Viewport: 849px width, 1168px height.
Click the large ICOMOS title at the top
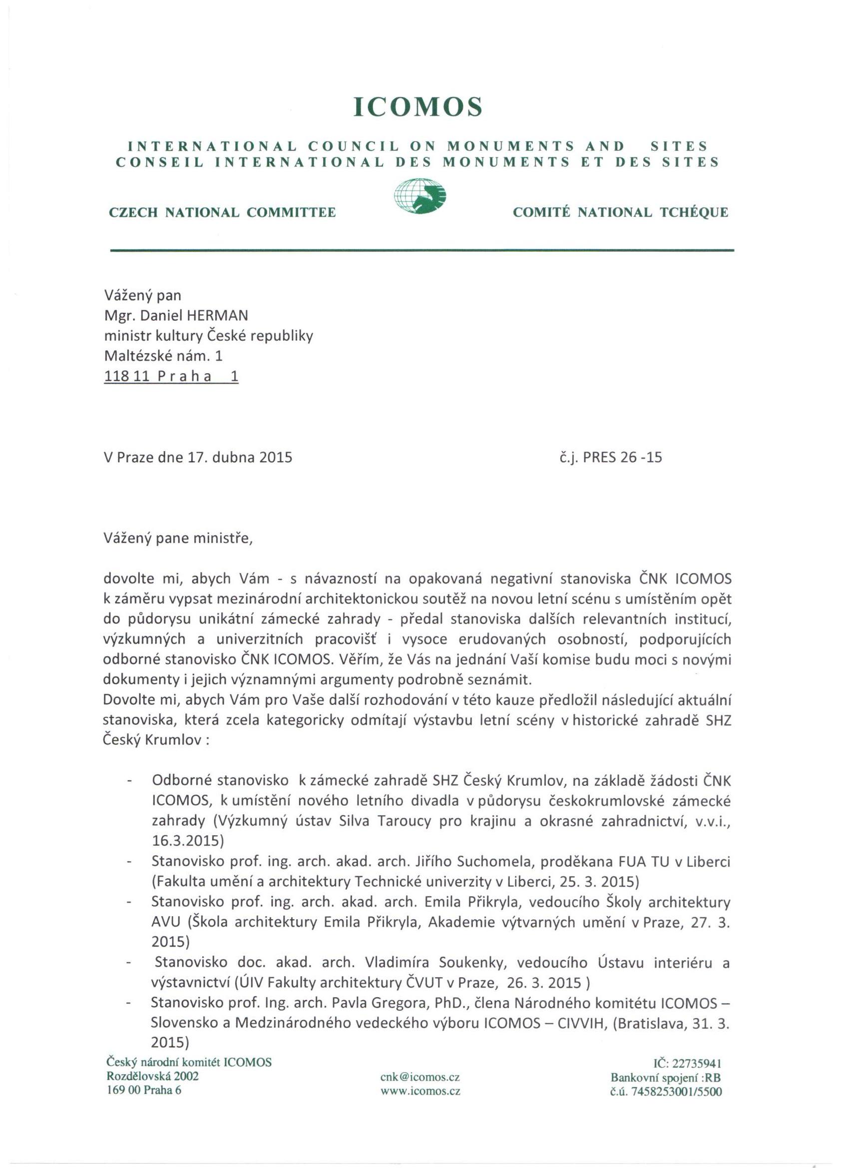click(418, 106)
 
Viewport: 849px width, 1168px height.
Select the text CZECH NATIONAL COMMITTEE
click(222, 213)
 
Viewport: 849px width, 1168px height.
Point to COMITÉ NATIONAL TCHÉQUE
click(620, 213)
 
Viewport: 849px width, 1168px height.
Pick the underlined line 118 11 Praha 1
click(171, 377)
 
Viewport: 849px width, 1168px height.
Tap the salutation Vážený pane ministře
click(178, 538)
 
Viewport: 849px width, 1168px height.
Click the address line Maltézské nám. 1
click(164, 355)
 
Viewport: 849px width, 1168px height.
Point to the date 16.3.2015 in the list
click(187, 841)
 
